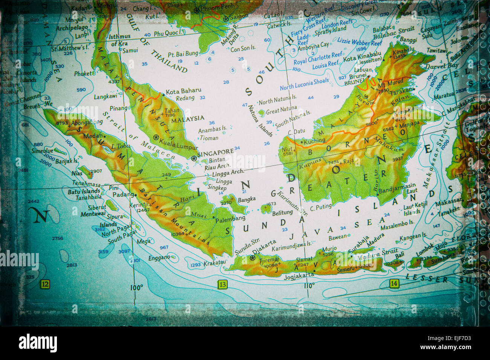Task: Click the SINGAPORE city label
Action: coord(216,153)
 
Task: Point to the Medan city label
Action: coord(93,136)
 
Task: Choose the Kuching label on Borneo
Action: coord(314,140)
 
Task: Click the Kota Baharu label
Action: coord(184,91)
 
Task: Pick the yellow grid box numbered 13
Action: coord(223,284)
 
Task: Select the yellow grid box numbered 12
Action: coord(45,284)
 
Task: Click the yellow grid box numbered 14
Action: coord(394,284)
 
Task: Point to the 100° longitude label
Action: coord(136,288)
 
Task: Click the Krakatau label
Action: coord(214,263)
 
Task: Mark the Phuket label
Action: coord(83,74)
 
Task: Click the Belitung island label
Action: coord(282,213)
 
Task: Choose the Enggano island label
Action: coord(159,258)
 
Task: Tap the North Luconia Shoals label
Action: coord(304,84)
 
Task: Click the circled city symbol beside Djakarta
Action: coord(253,258)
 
